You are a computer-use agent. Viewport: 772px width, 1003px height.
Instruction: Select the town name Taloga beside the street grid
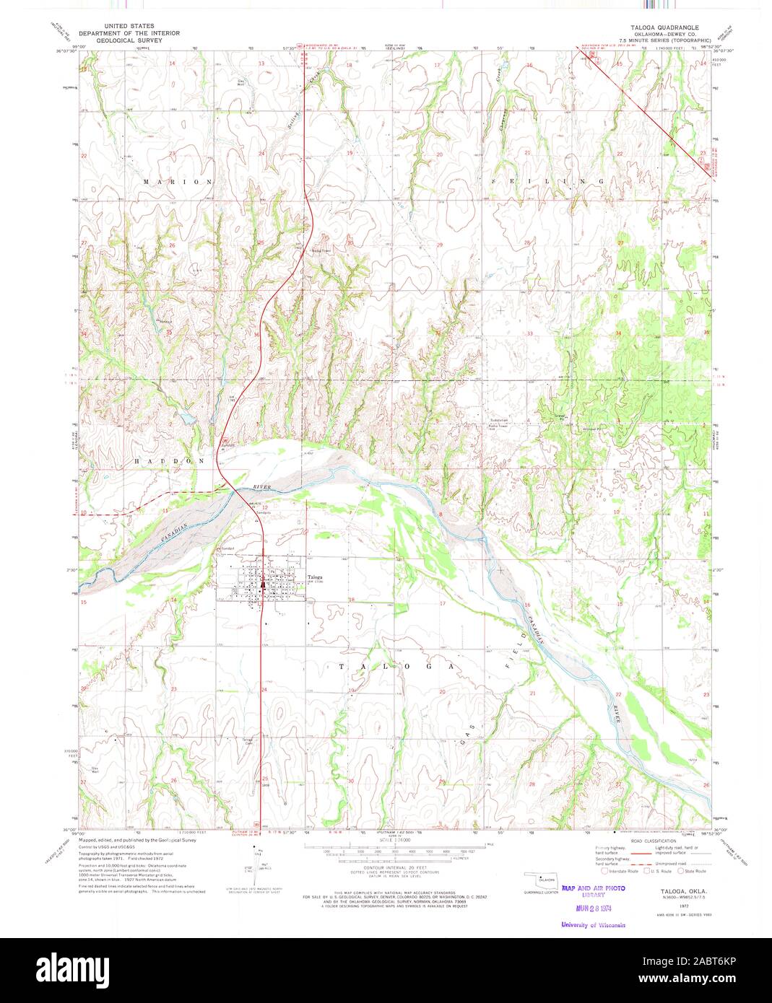[x=315, y=577]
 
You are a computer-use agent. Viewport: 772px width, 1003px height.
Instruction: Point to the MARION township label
[x=178, y=182]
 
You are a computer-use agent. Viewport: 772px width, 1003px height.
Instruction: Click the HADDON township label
[x=169, y=460]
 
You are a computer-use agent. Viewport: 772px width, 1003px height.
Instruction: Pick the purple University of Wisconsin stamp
[x=592, y=924]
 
